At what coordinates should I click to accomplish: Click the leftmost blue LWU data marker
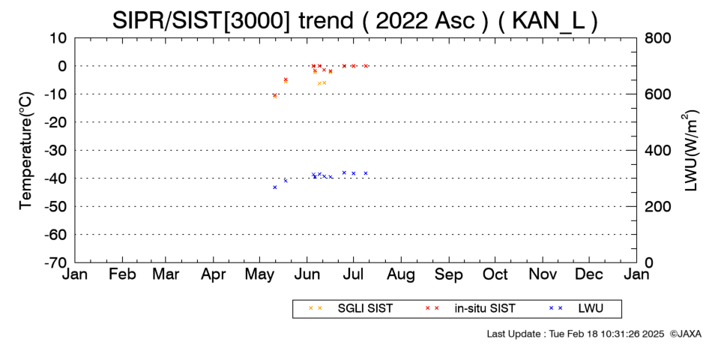(275, 187)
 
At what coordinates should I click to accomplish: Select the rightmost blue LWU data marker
(366, 173)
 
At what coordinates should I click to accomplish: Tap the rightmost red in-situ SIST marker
(366, 66)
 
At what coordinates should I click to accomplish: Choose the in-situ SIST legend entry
(471, 308)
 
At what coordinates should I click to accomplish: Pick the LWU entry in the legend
(576, 308)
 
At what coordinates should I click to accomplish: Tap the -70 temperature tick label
(55, 262)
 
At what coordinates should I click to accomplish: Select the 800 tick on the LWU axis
(658, 38)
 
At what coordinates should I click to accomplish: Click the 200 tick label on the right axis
(658, 206)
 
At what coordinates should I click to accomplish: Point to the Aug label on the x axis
(401, 274)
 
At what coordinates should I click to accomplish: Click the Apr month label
(214, 274)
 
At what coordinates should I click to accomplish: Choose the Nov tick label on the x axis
(543, 274)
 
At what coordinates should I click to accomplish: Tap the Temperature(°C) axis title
(27, 151)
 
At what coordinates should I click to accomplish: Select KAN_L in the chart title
(548, 20)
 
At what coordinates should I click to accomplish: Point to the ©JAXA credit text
(685, 334)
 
